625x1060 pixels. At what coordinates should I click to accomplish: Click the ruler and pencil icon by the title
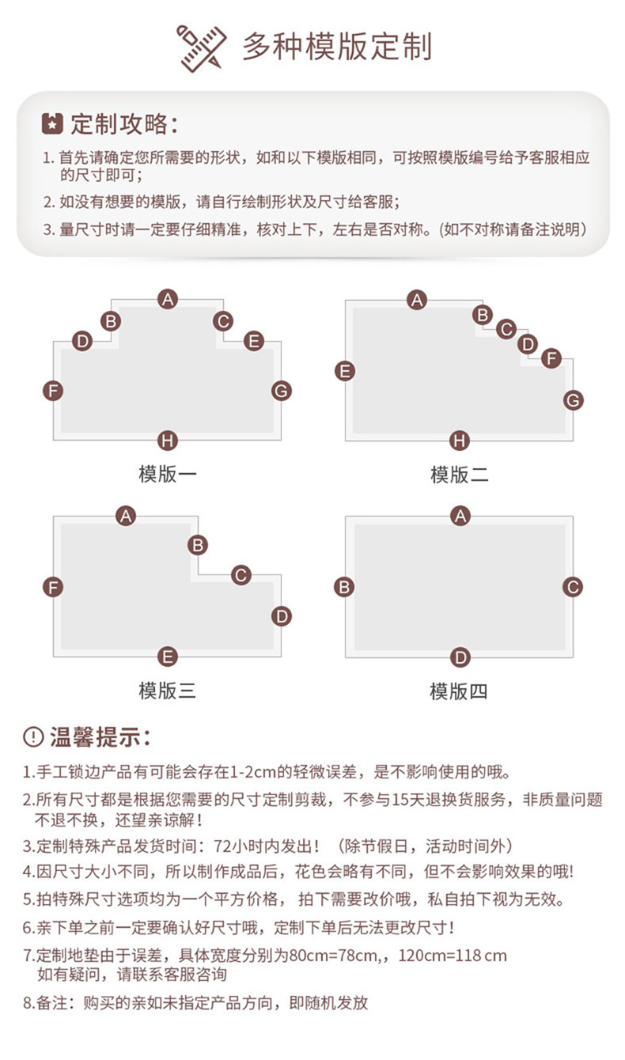tap(201, 48)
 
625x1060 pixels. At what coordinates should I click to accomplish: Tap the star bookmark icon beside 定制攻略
tap(52, 124)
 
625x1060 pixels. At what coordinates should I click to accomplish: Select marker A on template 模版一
tap(168, 300)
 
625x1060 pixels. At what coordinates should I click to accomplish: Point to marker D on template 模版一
tap(82, 341)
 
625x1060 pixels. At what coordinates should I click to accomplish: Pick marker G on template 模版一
tap(282, 391)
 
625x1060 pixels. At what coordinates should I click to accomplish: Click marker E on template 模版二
tap(345, 371)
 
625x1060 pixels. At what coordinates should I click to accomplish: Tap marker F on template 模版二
tap(551, 358)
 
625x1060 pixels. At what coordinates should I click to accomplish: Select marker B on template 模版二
tap(483, 315)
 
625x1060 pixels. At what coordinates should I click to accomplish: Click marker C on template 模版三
tap(241, 575)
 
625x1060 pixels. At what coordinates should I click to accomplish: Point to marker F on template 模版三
tap(53, 587)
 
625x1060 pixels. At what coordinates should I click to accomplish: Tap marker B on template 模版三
tap(198, 545)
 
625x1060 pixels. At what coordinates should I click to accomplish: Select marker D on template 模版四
tap(460, 657)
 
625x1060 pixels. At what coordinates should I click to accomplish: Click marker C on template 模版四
tap(573, 587)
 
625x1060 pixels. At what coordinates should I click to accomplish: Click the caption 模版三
tap(167, 691)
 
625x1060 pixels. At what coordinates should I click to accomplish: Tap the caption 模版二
tap(459, 474)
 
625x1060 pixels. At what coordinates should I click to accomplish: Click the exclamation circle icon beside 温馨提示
tap(33, 737)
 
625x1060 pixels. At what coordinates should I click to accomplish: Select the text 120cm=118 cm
tap(453, 956)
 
